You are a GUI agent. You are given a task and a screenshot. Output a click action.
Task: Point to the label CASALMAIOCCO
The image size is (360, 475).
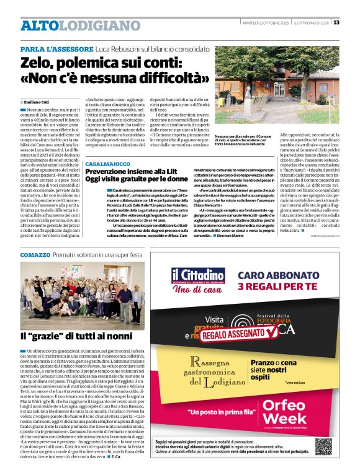pyautogui.click(x=108, y=164)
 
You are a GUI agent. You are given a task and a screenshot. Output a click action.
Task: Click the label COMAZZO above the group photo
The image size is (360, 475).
pyautogui.click(x=35, y=255)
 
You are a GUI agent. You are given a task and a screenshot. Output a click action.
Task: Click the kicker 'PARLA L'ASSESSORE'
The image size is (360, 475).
pyautogui.click(x=56, y=48)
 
